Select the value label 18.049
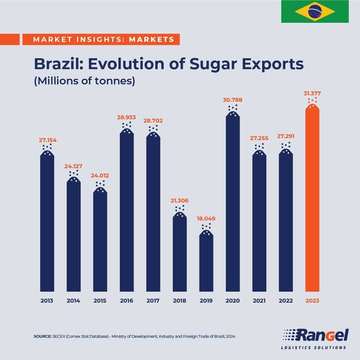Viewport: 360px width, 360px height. (x=206, y=220)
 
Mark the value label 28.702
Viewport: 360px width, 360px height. (x=153, y=121)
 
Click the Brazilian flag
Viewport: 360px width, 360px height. (x=314, y=11)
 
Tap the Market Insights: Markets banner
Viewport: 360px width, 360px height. (x=99, y=40)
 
